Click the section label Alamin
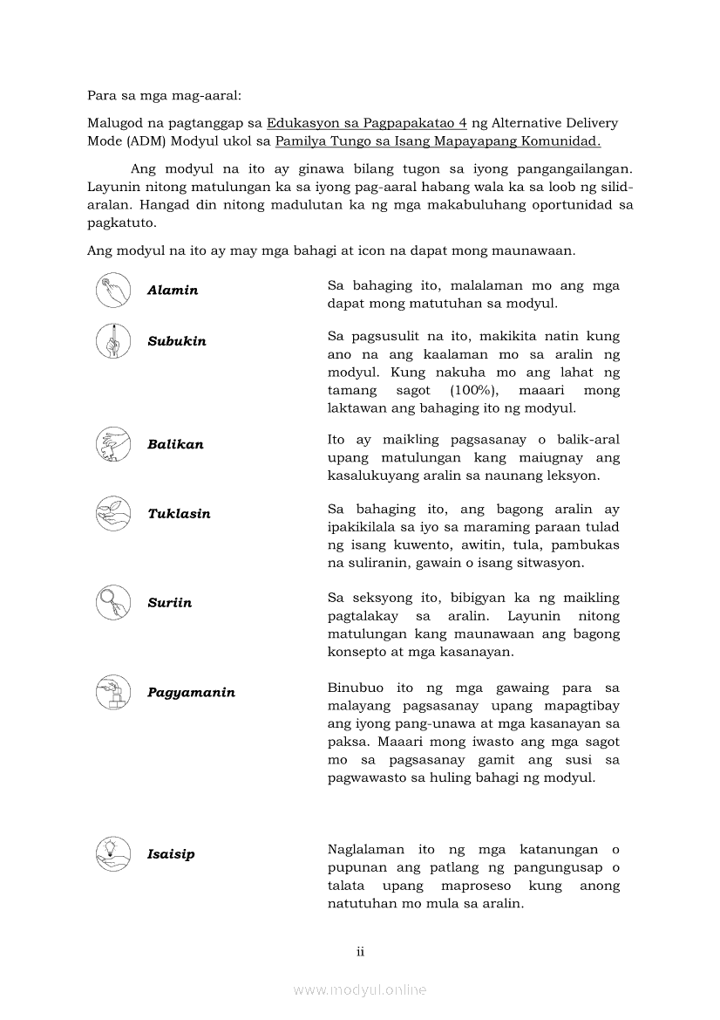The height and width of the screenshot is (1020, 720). pyautogui.click(x=173, y=291)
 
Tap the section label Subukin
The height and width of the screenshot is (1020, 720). pyautogui.click(x=177, y=341)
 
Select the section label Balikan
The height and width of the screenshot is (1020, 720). pyautogui.click(x=175, y=444)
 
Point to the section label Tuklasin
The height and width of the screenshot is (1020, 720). pyautogui.click(x=179, y=514)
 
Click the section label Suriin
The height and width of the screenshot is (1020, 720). pyautogui.click(x=169, y=603)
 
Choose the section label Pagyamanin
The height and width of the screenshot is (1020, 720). pyautogui.click(x=191, y=693)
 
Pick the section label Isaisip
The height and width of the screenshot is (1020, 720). pyautogui.click(x=171, y=854)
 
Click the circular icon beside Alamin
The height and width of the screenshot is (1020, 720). pyautogui.click(x=113, y=290)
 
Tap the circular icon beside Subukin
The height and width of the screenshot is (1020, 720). pyautogui.click(x=113, y=340)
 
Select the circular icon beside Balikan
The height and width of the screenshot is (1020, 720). pyautogui.click(x=113, y=443)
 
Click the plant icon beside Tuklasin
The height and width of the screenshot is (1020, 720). pyautogui.click(x=113, y=513)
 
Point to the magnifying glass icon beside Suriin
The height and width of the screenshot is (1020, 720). pyautogui.click(x=113, y=602)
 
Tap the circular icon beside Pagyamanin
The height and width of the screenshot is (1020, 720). pyautogui.click(x=113, y=692)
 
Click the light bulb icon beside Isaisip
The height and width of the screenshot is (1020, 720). pyautogui.click(x=113, y=853)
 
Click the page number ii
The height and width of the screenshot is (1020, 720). pyautogui.click(x=360, y=952)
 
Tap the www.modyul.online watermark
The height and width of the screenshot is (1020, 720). pyautogui.click(x=360, y=990)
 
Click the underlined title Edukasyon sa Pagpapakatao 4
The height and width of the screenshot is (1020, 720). pyautogui.click(x=367, y=123)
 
